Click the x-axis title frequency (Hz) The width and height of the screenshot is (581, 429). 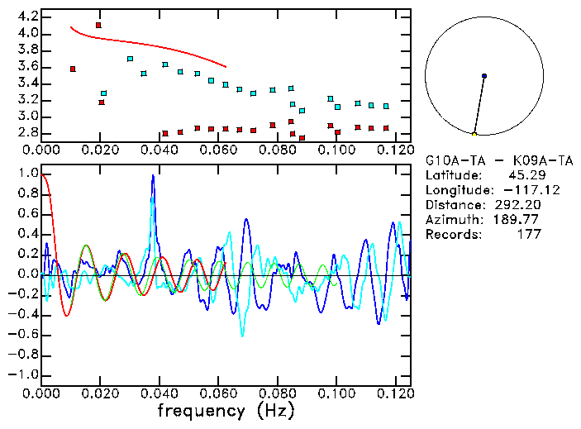tap(226, 411)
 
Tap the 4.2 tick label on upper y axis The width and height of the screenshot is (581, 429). tap(27, 17)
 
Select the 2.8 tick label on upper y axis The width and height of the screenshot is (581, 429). tap(27, 133)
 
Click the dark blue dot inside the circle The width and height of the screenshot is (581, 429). tap(484, 76)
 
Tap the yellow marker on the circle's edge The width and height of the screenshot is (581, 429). tap(474, 133)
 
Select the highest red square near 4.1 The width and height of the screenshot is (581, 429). tap(98, 26)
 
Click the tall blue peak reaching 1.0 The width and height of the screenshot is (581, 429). tap(153, 176)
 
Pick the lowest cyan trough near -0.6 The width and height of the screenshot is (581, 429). tap(242, 335)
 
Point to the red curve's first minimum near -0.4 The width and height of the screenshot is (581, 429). tap(67, 315)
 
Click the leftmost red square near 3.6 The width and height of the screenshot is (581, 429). tap(73, 69)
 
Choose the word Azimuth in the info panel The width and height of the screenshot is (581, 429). tap(450, 220)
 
